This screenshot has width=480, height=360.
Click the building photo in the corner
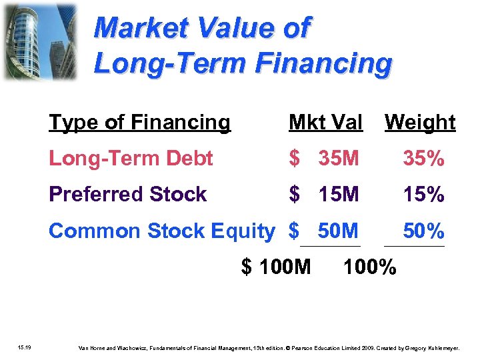pyautogui.click(x=39, y=42)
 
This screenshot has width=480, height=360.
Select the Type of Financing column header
pyautogui.click(x=139, y=123)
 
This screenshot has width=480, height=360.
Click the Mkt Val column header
pyautogui.click(x=325, y=123)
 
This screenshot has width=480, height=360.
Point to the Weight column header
pyautogui.click(x=420, y=123)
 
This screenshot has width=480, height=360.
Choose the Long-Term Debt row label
pyautogui.click(x=131, y=159)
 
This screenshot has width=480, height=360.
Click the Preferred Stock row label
pyautogui.click(x=128, y=195)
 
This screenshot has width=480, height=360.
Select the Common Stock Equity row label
pyautogui.click(x=161, y=231)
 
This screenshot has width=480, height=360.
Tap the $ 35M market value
pyautogui.click(x=324, y=159)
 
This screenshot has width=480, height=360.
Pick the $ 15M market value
pyautogui.click(x=324, y=195)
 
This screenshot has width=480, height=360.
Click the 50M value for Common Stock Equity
pyautogui.click(x=338, y=231)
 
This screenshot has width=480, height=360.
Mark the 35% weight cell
pyautogui.click(x=423, y=159)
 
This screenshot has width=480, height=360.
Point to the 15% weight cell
pyautogui.click(x=423, y=195)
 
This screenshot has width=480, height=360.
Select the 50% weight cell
pyautogui.click(x=423, y=231)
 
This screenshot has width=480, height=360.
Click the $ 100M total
pyautogui.click(x=276, y=267)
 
